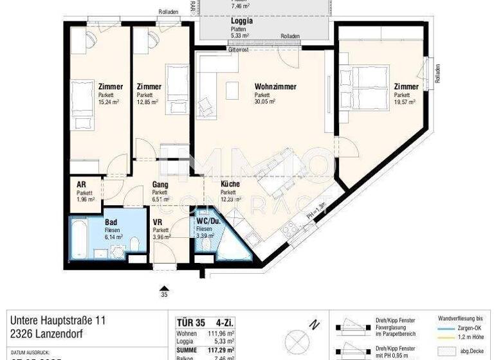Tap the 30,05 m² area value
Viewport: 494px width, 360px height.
265,102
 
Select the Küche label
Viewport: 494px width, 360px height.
230,184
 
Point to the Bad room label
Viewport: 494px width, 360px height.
111,222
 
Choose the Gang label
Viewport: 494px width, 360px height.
160,184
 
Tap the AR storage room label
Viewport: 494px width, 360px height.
81,184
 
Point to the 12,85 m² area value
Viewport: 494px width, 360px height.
147,102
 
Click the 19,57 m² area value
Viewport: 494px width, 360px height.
405,102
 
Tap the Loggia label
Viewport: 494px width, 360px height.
241,21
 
